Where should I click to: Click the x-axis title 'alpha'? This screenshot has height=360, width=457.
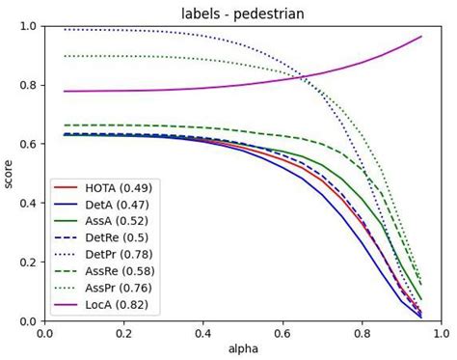(241, 348)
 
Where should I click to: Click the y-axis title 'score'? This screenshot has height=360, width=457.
(10, 173)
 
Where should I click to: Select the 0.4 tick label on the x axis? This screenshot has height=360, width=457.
(202, 333)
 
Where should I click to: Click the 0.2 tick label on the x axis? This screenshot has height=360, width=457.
(123, 333)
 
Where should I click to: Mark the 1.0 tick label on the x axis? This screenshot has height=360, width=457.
(440, 333)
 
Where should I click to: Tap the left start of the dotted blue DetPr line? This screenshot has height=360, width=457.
(64, 29)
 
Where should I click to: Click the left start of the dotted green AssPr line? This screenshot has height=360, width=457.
(64, 56)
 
